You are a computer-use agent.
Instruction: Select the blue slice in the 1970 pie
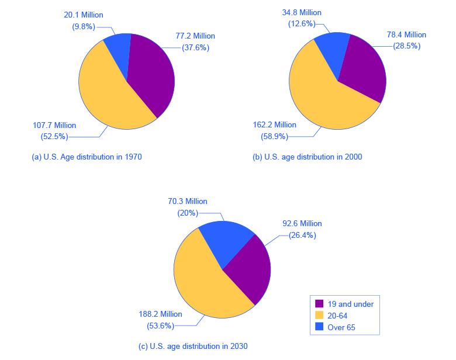(x=118, y=50)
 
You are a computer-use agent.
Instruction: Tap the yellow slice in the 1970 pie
(x=105, y=94)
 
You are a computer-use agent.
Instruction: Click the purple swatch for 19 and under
(x=320, y=304)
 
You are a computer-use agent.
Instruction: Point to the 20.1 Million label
(x=84, y=15)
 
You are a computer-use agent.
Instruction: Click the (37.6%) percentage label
(x=192, y=48)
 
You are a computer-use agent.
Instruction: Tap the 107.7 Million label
(x=54, y=125)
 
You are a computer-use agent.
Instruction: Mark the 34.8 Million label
(x=301, y=12)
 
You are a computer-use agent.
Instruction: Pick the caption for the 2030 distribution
(x=193, y=347)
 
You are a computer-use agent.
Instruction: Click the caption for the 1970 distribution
(x=87, y=157)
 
